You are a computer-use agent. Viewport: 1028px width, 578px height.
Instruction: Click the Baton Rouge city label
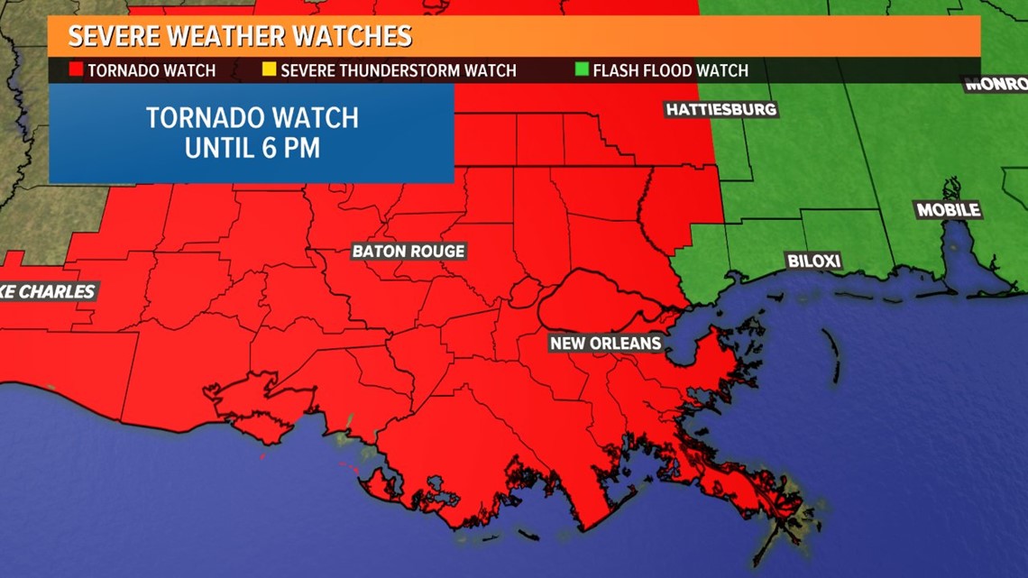[x=408, y=252]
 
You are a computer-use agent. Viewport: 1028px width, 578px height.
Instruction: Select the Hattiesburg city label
[x=721, y=110]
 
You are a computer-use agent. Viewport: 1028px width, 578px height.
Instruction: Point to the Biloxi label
[x=813, y=261]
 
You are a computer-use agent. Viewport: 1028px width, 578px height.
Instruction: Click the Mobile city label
[x=948, y=210]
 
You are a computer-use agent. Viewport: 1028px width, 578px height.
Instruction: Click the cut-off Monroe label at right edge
[x=996, y=85]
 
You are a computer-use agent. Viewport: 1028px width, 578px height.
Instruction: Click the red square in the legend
[x=77, y=69]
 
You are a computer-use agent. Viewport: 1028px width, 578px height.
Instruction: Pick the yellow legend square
[x=269, y=69]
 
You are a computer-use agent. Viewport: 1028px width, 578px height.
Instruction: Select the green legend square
[x=581, y=69]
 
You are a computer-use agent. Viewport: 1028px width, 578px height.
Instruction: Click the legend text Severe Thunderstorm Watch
[x=398, y=70]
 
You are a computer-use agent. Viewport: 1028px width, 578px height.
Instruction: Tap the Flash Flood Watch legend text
[x=670, y=70]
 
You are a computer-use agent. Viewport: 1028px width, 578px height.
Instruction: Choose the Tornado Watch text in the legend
[x=151, y=70]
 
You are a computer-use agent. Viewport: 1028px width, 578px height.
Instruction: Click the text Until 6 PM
[x=252, y=148]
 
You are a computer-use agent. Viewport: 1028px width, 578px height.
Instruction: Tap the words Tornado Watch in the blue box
[x=252, y=118]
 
